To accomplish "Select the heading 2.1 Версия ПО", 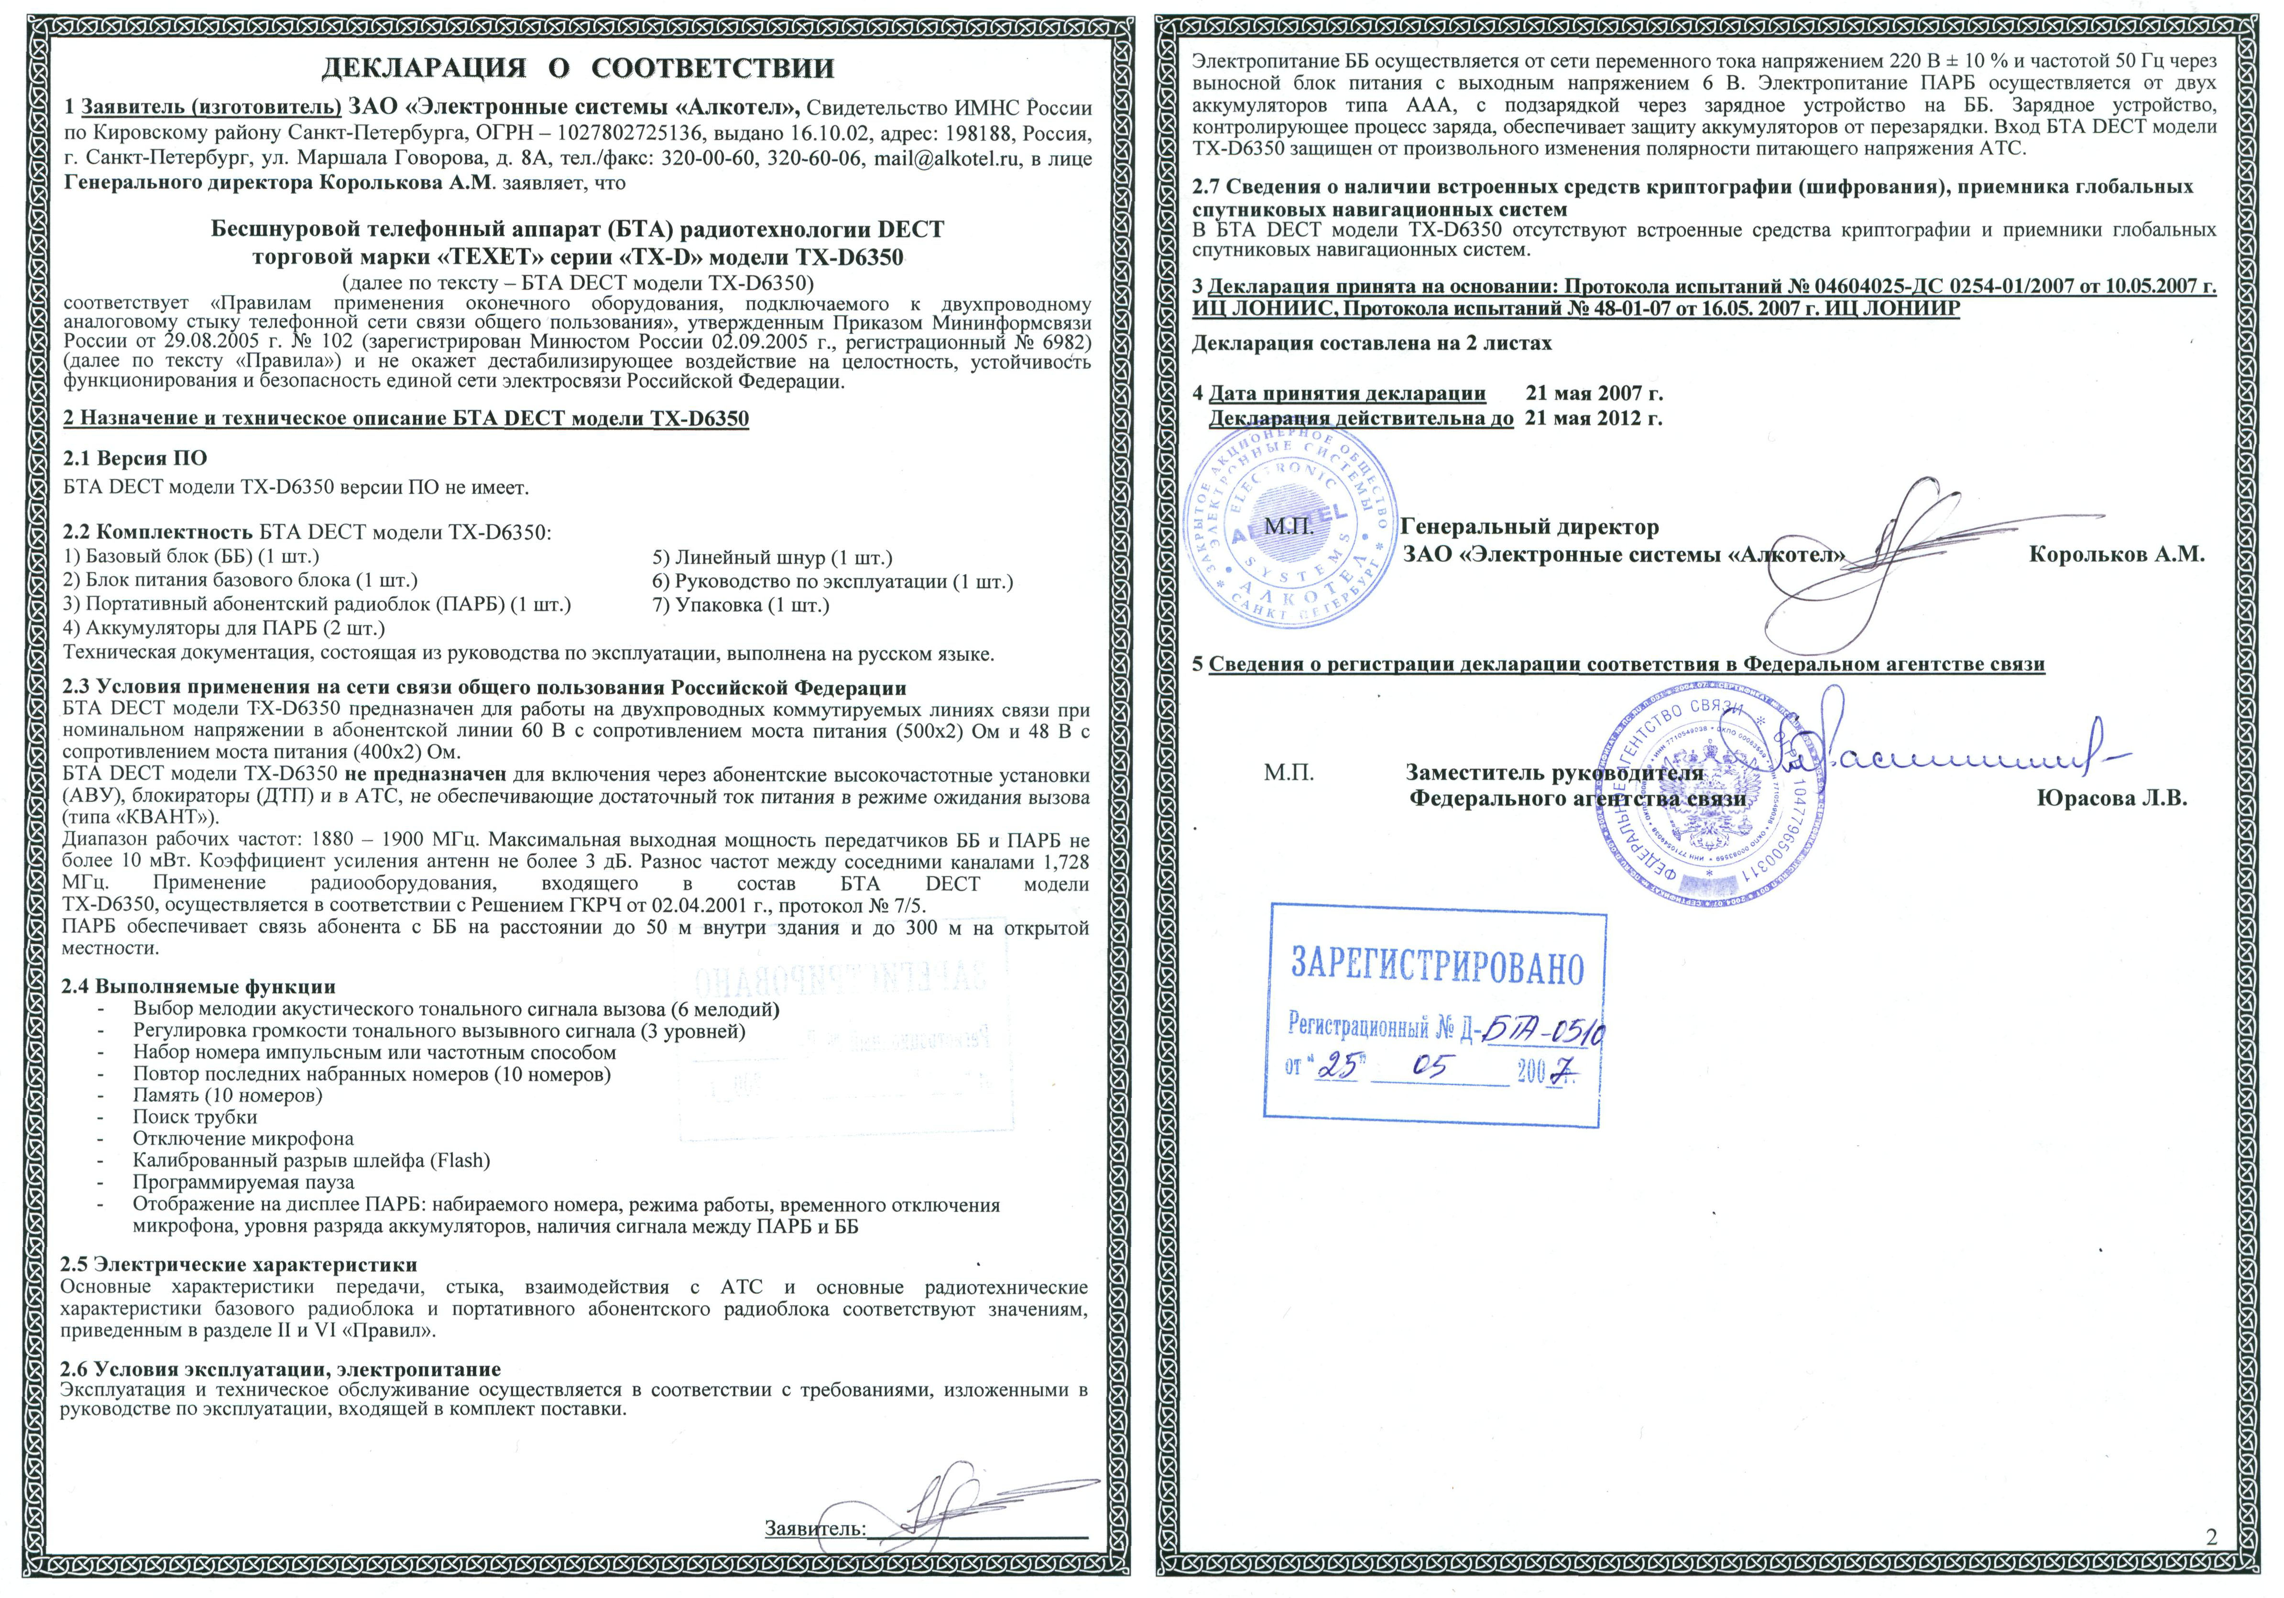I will click(x=135, y=459).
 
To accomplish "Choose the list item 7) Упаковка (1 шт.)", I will click(x=741, y=605).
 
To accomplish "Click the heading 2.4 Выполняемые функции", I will click(x=199, y=987).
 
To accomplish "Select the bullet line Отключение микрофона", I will click(x=243, y=1138).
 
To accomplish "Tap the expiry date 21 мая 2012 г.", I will click(x=1594, y=418).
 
